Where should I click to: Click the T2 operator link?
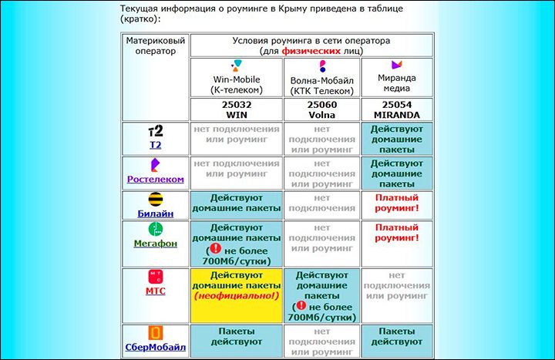[x=156, y=145]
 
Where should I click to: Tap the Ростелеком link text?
[x=156, y=180]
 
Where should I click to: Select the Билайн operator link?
[x=156, y=214]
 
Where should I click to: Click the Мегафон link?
[x=156, y=244]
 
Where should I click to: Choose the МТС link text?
[x=156, y=291]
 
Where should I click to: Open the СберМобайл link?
[x=156, y=347]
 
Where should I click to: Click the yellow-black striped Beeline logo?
[x=156, y=200]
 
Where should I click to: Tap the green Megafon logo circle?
[x=156, y=229]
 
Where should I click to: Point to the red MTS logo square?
[x=156, y=277]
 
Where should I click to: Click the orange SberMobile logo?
[x=156, y=333]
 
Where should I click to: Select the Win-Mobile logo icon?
[x=237, y=66]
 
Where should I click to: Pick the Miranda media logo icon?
[x=397, y=65]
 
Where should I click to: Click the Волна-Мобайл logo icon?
[x=322, y=66]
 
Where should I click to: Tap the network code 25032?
[x=237, y=105]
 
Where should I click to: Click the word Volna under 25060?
[x=321, y=115]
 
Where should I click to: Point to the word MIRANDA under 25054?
[x=397, y=115]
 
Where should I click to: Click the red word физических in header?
[x=311, y=51]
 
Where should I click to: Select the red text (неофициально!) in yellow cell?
[x=237, y=295]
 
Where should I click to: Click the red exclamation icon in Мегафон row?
[x=216, y=248]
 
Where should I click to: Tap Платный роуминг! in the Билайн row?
[x=397, y=203]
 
